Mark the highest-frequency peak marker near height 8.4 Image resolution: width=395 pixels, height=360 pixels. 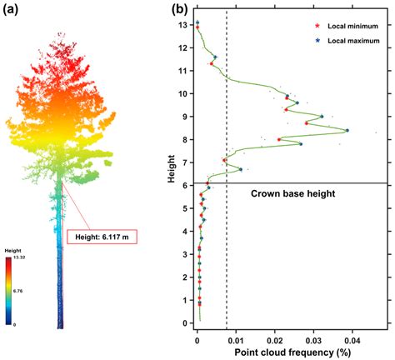pos(347,130)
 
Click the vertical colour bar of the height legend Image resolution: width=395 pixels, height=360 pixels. pos(11,292)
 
